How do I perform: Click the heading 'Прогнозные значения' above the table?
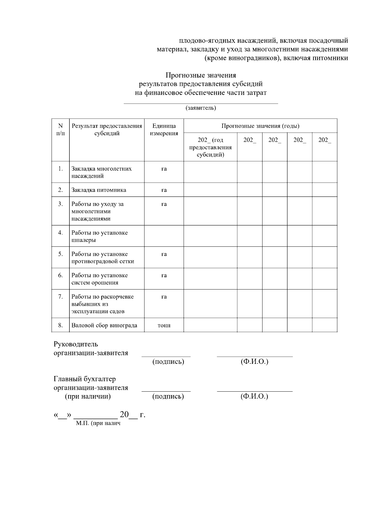click(201, 75)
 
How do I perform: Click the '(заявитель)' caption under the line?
click(201, 108)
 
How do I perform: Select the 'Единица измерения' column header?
click(164, 130)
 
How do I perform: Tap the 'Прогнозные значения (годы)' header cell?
click(260, 126)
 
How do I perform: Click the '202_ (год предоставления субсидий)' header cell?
click(210, 147)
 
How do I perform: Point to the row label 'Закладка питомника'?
click(99, 190)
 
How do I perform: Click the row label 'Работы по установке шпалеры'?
click(99, 236)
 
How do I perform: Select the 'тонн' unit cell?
click(164, 325)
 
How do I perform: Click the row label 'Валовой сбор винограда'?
click(104, 325)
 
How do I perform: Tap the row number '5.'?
click(60, 254)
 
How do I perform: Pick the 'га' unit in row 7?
click(164, 297)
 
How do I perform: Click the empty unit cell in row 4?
click(164, 236)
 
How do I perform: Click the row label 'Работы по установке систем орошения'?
click(99, 279)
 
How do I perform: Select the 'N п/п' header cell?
click(60, 130)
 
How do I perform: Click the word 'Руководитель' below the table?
click(76, 344)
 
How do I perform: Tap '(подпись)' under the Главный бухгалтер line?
click(168, 396)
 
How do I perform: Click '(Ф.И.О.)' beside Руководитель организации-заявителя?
click(254, 362)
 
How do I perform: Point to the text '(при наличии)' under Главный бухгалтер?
click(87, 396)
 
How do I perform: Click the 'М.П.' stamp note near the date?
click(98, 424)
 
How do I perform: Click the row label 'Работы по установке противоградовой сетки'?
click(102, 258)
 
